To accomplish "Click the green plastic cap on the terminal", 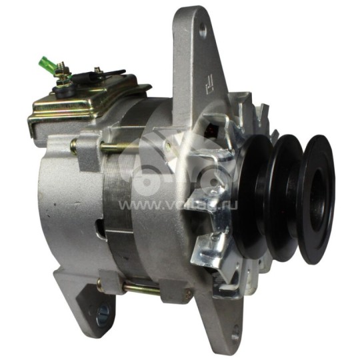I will (x=45, y=65).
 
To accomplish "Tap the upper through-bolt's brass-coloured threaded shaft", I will (x=120, y=147).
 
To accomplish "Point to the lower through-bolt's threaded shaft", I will (x=140, y=289).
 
